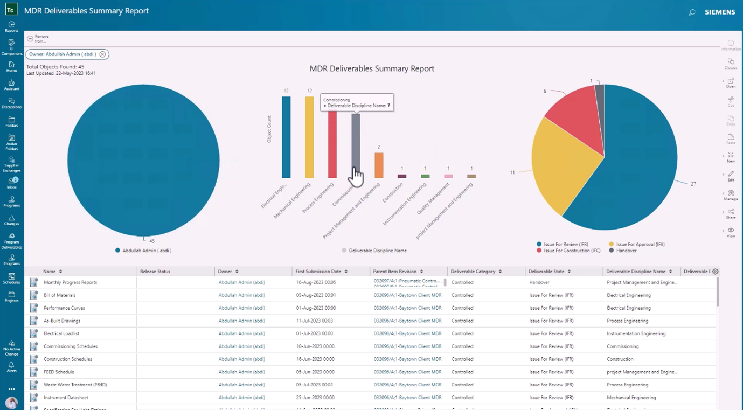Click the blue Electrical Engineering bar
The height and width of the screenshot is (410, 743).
pyautogui.click(x=286, y=137)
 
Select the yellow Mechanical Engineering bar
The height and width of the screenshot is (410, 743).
pyautogui.click(x=309, y=137)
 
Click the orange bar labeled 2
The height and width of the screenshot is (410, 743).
pyautogui.click(x=379, y=165)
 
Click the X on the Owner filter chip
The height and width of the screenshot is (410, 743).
pyautogui.click(x=102, y=54)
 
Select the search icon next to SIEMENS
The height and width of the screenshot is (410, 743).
pyautogui.click(x=692, y=12)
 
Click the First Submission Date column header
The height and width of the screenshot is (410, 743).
pyautogui.click(x=318, y=272)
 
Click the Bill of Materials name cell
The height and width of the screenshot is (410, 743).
pyautogui.click(x=59, y=295)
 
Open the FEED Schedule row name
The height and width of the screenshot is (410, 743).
pyautogui.click(x=59, y=372)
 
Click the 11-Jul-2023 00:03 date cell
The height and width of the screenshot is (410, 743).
pyautogui.click(x=315, y=321)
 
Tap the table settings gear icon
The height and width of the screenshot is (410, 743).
pyautogui.click(x=715, y=272)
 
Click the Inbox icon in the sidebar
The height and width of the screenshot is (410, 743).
pyautogui.click(x=11, y=182)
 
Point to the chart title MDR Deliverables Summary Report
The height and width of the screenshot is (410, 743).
pyautogui.click(x=371, y=68)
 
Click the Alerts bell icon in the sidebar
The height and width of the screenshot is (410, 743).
pyautogui.click(x=11, y=366)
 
